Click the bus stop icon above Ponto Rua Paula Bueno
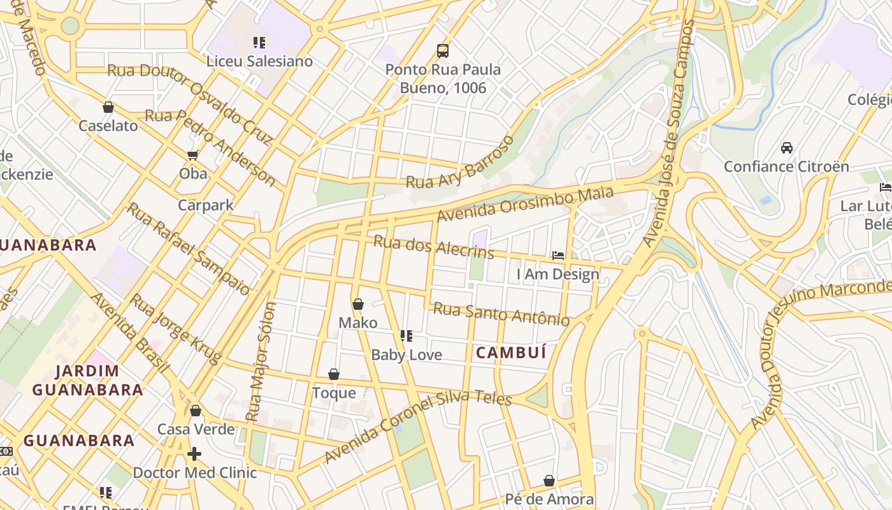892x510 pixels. pyautogui.click(x=442, y=50)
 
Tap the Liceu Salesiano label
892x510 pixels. pyautogui.click(x=259, y=61)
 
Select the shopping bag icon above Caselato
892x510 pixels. pyautogui.click(x=108, y=107)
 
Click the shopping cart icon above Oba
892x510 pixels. pyautogui.click(x=192, y=155)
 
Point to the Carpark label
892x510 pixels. pyautogui.click(x=205, y=205)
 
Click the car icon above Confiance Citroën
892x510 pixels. pyautogui.click(x=787, y=148)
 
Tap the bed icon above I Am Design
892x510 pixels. pyautogui.click(x=558, y=256)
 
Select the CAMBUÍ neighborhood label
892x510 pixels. pyautogui.click(x=512, y=353)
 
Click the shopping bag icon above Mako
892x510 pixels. pyautogui.click(x=358, y=304)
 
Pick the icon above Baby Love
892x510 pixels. pyautogui.click(x=406, y=336)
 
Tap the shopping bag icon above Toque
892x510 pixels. pyautogui.click(x=334, y=374)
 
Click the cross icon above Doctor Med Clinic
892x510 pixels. pyautogui.click(x=194, y=454)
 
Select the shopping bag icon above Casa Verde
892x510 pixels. pyautogui.click(x=196, y=411)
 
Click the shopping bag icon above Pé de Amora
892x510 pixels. pyautogui.click(x=549, y=481)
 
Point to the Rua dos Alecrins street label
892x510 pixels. pyautogui.click(x=433, y=247)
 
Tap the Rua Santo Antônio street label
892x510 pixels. pyautogui.click(x=501, y=314)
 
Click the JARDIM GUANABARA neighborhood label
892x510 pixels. pyautogui.click(x=87, y=381)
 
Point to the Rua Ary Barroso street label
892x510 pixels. pyautogui.click(x=460, y=163)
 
